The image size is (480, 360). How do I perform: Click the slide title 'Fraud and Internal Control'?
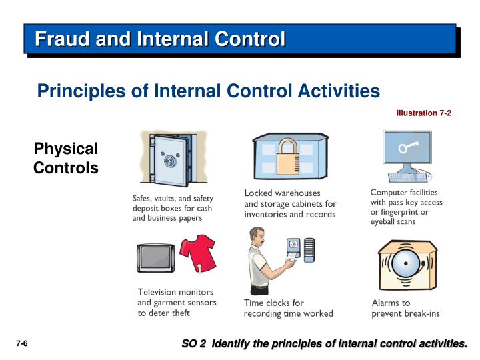(160, 39)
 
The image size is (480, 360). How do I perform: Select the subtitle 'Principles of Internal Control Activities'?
(208, 91)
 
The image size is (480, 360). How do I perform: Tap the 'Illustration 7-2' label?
(423, 113)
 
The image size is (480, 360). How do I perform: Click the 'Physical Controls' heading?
(66, 158)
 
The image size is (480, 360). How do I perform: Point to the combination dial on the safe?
(169, 161)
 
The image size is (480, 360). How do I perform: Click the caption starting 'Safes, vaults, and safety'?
(172, 207)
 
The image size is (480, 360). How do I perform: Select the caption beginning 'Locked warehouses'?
(290, 203)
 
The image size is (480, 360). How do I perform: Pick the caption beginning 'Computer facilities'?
(406, 207)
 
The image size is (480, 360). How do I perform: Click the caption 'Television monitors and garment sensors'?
(175, 302)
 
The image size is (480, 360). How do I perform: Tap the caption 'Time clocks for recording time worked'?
(288, 308)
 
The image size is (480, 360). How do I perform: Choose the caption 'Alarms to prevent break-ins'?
(405, 308)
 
